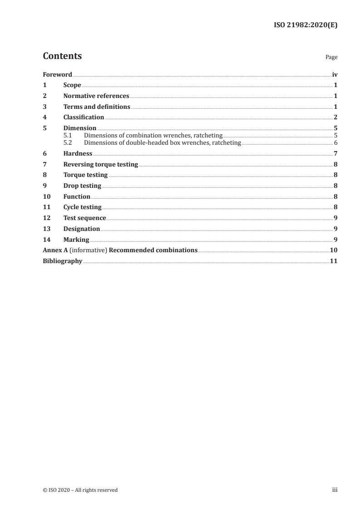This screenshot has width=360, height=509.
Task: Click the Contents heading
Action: (x=62, y=56)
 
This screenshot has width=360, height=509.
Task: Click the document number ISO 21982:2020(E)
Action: (x=305, y=25)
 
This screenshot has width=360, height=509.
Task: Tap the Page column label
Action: (x=331, y=57)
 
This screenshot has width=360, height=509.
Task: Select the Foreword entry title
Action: (x=57, y=74)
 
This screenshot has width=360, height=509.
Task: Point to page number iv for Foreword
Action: (x=335, y=74)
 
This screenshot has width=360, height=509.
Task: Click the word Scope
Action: (x=72, y=85)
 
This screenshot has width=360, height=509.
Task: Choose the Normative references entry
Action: (x=96, y=96)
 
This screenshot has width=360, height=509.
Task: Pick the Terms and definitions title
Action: (x=97, y=107)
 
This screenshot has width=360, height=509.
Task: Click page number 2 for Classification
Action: (x=335, y=117)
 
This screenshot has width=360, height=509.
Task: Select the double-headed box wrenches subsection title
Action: (x=163, y=142)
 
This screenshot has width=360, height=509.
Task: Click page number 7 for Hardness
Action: (x=335, y=154)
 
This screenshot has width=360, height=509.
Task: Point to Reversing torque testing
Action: (x=100, y=165)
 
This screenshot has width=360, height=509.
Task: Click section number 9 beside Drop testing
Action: (x=44, y=186)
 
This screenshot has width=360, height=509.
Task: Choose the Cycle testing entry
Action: (x=82, y=207)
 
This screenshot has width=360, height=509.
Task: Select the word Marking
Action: (x=76, y=240)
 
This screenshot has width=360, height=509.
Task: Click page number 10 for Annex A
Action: (x=333, y=250)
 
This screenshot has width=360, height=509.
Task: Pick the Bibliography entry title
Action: (x=62, y=261)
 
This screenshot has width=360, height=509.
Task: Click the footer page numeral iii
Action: (x=335, y=490)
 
